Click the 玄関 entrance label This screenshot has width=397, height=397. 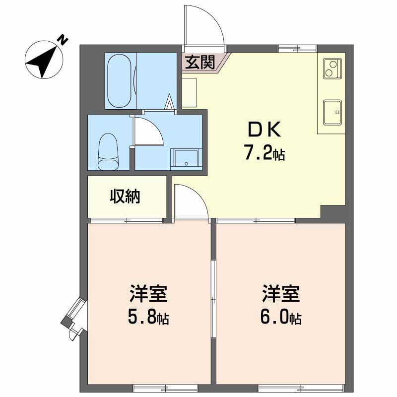[x=200, y=62]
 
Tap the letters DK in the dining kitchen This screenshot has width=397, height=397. [x=264, y=129]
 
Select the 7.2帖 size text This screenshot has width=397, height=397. [x=264, y=152]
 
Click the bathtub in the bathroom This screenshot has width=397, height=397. [x=120, y=81]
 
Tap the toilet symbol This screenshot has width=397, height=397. [x=108, y=152]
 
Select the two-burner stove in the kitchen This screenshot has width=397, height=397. [x=332, y=68]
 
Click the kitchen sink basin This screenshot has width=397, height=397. [x=332, y=113]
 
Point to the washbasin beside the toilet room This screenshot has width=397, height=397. [x=186, y=159]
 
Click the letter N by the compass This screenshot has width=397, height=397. [x=63, y=40]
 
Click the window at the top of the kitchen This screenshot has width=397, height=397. [x=297, y=48]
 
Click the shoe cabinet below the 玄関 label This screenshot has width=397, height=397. [x=190, y=93]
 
